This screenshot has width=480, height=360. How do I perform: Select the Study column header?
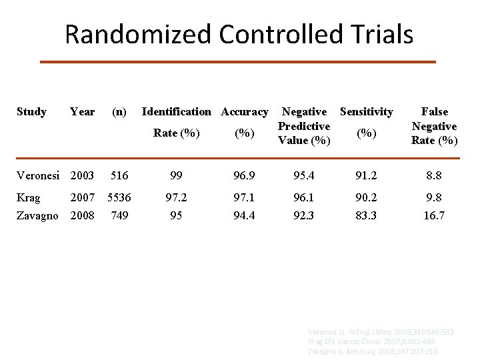pos(31,112)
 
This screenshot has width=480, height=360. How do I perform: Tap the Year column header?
pos(82,112)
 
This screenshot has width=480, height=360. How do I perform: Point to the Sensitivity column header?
pos(367,112)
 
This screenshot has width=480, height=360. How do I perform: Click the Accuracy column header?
pos(245,112)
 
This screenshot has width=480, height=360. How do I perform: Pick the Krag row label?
pos(28,198)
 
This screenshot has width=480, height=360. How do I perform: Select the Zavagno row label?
pos(38,215)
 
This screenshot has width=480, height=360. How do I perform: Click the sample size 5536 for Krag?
pos(119,198)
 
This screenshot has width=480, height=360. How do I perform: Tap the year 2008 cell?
pos(82,215)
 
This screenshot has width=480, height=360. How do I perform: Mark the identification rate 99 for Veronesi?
pos(176,175)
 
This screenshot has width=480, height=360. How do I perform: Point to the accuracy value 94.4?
pos(244,215)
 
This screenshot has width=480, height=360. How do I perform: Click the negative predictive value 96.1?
pos(304,198)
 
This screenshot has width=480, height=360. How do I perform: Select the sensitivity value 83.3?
pos(367,215)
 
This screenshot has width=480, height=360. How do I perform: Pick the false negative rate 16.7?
pos(434,215)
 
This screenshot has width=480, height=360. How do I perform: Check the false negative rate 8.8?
pos(434,175)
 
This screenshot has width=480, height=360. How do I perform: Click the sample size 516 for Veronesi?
pos(119,175)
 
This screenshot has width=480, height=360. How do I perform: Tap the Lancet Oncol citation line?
pos(372,341)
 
